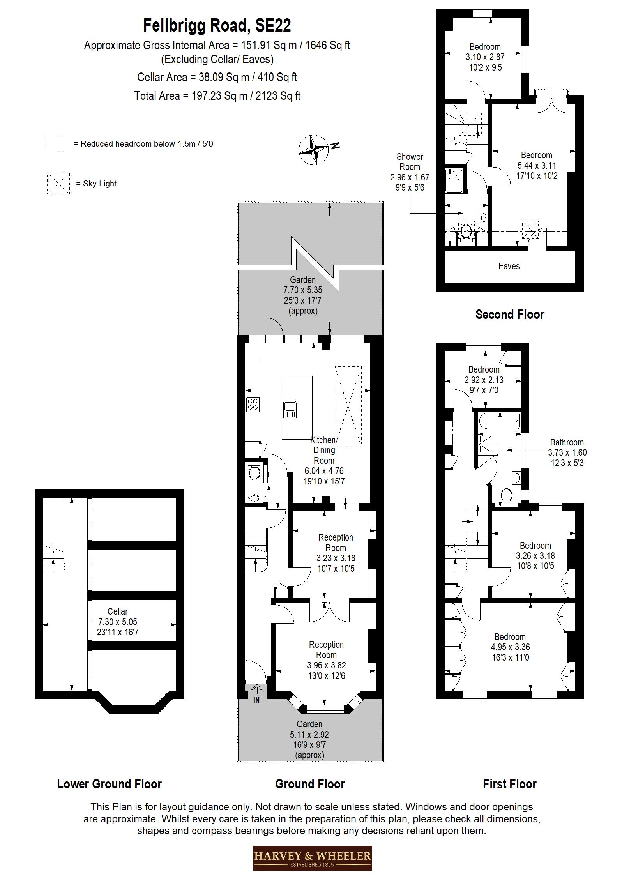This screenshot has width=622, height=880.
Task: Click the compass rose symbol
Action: (314, 150)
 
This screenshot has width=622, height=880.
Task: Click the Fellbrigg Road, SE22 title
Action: (217, 26)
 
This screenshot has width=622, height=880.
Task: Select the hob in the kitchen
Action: (253, 404)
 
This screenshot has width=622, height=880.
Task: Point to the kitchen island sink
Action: (290, 410)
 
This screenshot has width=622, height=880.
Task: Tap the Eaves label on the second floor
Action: (509, 266)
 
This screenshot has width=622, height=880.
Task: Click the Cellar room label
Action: (118, 611)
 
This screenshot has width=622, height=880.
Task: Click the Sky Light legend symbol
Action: (58, 183)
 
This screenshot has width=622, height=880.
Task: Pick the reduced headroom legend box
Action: (59, 143)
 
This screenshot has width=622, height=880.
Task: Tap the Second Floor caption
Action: (510, 314)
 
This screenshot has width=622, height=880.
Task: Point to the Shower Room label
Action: (410, 162)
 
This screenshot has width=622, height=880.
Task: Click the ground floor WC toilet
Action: (254, 473)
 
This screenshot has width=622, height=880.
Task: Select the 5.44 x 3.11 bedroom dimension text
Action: (537, 165)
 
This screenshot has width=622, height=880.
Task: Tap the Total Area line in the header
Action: (217, 96)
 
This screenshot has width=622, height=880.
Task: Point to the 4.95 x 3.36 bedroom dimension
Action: (510, 647)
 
